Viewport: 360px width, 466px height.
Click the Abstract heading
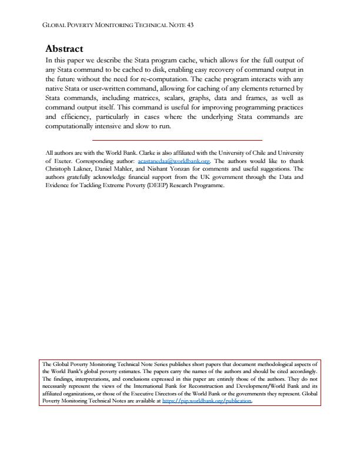(65, 49)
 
